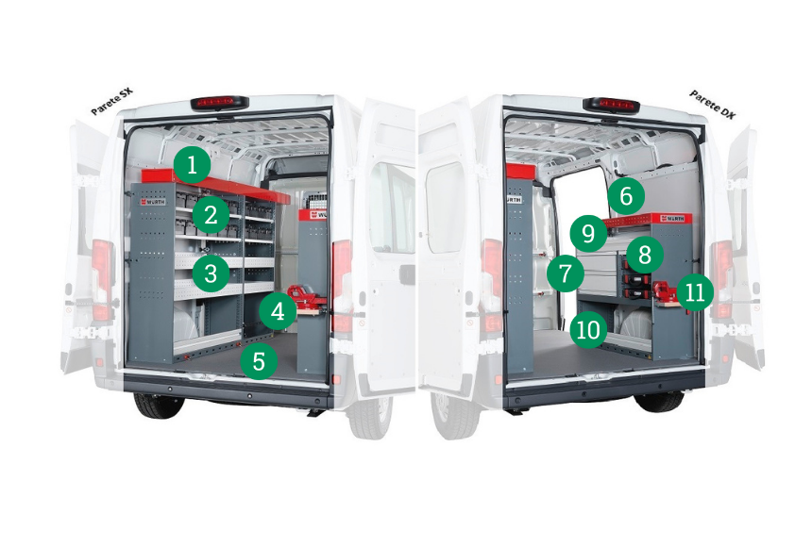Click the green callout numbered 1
tap(192, 165)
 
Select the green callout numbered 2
tap(211, 215)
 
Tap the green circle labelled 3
tap(211, 273)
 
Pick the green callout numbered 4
tap(278, 311)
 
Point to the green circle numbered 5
tap(259, 360)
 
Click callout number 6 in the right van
tap(626, 196)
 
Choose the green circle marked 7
tap(566, 273)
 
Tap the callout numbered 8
tap(645, 255)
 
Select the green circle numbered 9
tap(588, 233)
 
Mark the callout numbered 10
tap(588, 330)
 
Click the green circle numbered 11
tap(695, 292)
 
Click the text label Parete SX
tap(111, 101)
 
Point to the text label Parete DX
tap(712, 104)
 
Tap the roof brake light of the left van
tap(220, 103)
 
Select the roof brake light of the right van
tap(612, 104)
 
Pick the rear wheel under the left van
tap(159, 406)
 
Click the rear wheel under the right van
tap(660, 402)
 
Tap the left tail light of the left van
tap(102, 279)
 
